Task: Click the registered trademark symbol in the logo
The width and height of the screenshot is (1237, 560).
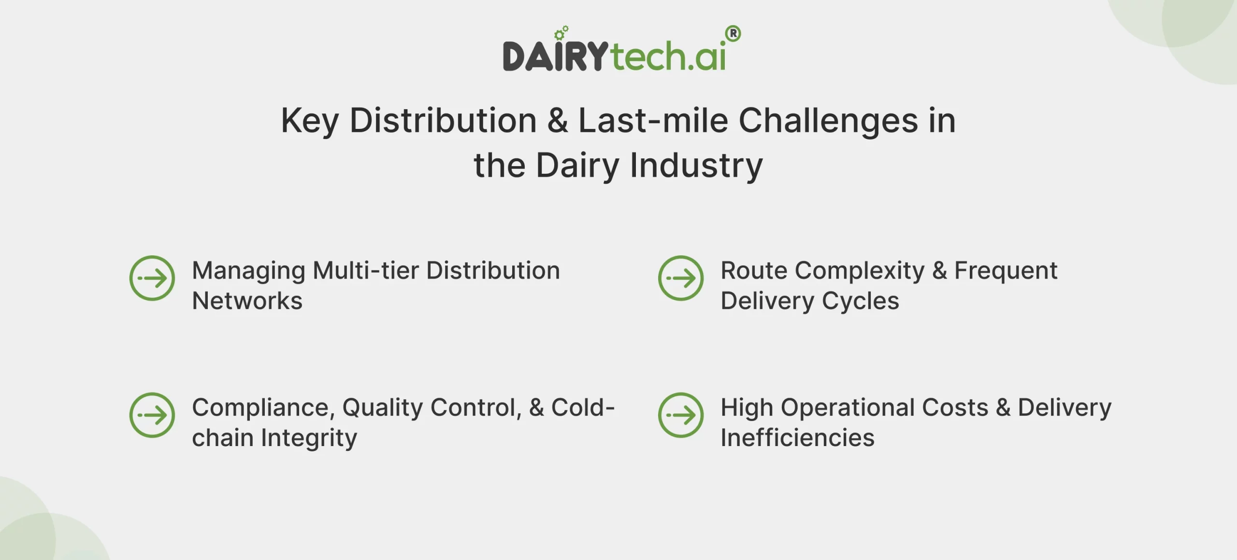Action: point(733,34)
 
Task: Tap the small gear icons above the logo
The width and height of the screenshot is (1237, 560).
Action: point(561,33)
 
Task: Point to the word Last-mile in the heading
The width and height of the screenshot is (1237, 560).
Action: point(653,121)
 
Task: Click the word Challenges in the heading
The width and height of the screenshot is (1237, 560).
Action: point(828,121)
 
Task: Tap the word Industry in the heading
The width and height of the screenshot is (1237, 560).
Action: point(696,166)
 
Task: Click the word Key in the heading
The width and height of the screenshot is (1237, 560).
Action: point(310,121)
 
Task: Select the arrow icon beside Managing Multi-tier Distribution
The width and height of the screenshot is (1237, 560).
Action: point(152,278)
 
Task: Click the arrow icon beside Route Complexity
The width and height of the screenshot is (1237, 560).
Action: point(681,278)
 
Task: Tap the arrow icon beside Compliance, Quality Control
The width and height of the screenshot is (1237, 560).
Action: point(152,415)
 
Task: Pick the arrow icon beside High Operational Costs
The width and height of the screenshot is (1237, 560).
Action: point(681,415)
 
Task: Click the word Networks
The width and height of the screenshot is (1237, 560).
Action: point(247,301)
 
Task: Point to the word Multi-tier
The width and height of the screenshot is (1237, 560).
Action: point(366,270)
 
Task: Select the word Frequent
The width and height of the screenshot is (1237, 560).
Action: point(1006,270)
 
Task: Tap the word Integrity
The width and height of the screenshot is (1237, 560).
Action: point(309,438)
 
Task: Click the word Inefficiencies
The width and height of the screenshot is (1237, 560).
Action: point(797,438)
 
